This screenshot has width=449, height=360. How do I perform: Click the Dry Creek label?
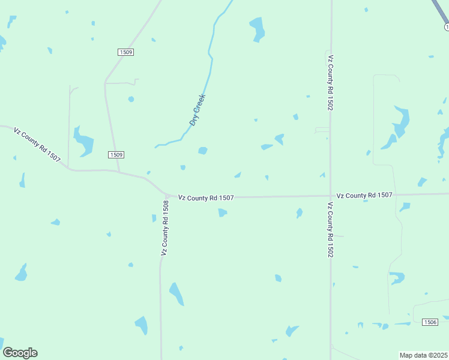(x=197, y=109)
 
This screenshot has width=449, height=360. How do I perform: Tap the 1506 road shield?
(x=430, y=322)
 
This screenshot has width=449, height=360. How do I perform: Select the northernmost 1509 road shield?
(x=126, y=52)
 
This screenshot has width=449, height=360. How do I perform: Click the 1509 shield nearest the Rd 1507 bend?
(x=116, y=155)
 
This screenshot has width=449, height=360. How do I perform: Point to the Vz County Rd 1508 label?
(x=165, y=227)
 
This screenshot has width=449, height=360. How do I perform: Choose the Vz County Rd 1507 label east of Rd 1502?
(x=364, y=195)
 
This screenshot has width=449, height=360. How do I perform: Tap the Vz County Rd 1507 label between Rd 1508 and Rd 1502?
(x=205, y=197)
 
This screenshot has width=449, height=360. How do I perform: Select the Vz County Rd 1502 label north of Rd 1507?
(x=330, y=83)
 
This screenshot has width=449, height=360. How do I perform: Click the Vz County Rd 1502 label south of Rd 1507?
(x=330, y=230)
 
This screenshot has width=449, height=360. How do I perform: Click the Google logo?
(x=20, y=353)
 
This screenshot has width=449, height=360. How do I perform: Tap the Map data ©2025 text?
(x=423, y=355)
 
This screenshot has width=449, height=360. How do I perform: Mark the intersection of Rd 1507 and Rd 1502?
(x=331, y=195)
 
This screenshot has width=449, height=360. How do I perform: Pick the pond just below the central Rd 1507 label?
(x=223, y=212)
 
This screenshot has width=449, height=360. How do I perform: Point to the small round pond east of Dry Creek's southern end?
(x=203, y=151)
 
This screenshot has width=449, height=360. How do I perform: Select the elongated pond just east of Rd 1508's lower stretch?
(x=176, y=294)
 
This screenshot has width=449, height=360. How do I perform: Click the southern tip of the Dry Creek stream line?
(x=155, y=146)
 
